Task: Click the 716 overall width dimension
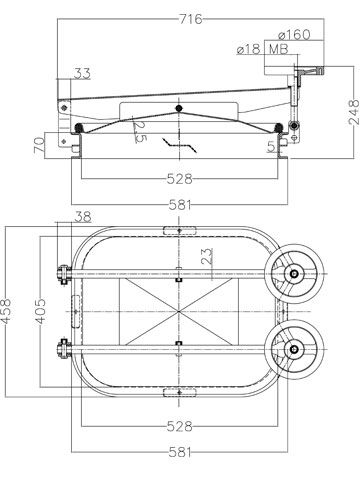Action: pyautogui.click(x=191, y=19)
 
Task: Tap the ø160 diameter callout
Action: pyautogui.click(x=294, y=34)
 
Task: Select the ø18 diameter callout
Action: pyautogui.click(x=248, y=49)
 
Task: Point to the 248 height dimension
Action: pyautogui.click(x=353, y=112)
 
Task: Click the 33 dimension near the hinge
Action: pyautogui.click(x=82, y=73)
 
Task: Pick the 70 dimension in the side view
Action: pyautogui.click(x=39, y=145)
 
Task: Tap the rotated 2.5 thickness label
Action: pyautogui.click(x=140, y=131)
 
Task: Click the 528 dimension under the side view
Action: pyautogui.click(x=180, y=179)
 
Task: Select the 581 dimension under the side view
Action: pyautogui.click(x=180, y=205)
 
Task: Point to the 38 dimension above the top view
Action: pyautogui.click(x=82, y=217)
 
